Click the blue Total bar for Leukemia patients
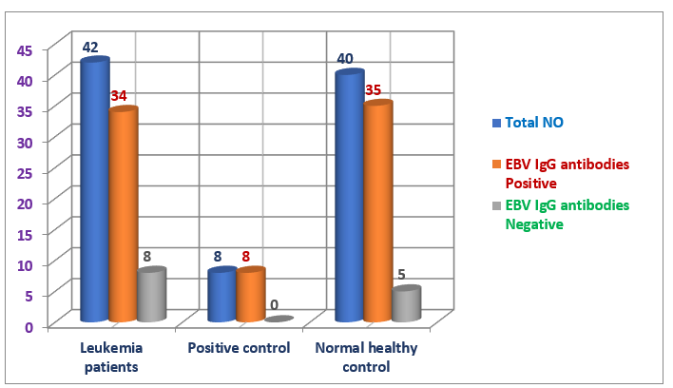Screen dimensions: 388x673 pyautogui.click(x=94, y=190)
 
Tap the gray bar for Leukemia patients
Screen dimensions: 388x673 pyautogui.click(x=151, y=295)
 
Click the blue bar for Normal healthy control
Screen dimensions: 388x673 pyautogui.click(x=349, y=196)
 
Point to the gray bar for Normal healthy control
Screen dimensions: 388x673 pyautogui.click(x=406, y=303)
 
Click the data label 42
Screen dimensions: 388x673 pyautogui.click(x=90, y=48)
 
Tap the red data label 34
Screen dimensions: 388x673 pyautogui.click(x=119, y=96)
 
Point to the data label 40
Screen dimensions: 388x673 pyautogui.click(x=345, y=59)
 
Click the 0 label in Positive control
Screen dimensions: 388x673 pyautogui.click(x=274, y=305)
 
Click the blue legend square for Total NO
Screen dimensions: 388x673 pyautogui.click(x=496, y=123)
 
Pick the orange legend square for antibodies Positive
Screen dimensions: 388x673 pyautogui.click(x=496, y=165)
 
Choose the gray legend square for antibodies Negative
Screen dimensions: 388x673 pyautogui.click(x=496, y=206)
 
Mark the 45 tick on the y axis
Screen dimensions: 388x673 pyautogui.click(x=27, y=50)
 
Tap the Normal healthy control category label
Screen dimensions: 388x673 pyautogui.click(x=366, y=357)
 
